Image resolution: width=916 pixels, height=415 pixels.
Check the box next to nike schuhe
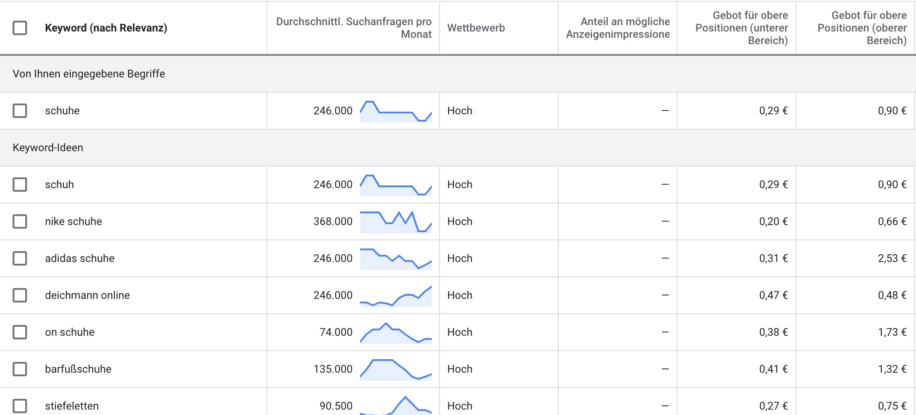(x=20, y=221)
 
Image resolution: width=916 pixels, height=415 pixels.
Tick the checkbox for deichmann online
(x=20, y=295)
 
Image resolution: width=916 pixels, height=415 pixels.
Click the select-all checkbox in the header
(x=20, y=28)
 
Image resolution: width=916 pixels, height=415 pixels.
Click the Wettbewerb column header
(x=476, y=28)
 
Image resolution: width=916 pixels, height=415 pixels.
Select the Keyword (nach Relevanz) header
(x=106, y=28)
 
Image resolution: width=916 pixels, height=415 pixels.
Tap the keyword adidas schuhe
(x=80, y=258)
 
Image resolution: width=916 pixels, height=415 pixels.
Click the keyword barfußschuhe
(x=78, y=369)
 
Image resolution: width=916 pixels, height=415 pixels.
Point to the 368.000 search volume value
(x=333, y=221)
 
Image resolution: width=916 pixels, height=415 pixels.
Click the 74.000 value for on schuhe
(x=336, y=332)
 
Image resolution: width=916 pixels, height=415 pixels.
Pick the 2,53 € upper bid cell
(x=892, y=258)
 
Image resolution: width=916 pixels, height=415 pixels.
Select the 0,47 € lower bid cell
(x=773, y=295)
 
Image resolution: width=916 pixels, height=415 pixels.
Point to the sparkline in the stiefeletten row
(x=396, y=406)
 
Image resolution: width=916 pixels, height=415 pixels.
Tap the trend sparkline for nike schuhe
(x=396, y=222)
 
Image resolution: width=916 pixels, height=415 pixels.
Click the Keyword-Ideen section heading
(x=48, y=148)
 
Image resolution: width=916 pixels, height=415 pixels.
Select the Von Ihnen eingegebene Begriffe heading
(x=89, y=74)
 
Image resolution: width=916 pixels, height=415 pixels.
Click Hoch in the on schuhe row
(x=460, y=332)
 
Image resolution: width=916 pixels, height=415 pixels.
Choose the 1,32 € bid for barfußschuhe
(x=892, y=369)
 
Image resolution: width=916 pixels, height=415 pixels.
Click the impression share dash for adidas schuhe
(x=665, y=258)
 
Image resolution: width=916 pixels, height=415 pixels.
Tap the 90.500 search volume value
(x=336, y=406)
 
